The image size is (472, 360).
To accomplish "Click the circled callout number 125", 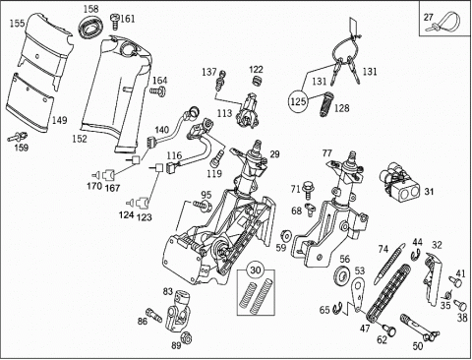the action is [x=298, y=101].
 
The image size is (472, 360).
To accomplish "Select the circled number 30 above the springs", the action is [x=256, y=270].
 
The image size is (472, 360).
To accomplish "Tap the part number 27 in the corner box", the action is [x=429, y=17].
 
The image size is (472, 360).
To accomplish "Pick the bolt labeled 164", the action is [x=157, y=90].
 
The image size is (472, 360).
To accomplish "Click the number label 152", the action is [x=80, y=139].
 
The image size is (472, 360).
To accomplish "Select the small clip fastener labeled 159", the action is [x=18, y=136].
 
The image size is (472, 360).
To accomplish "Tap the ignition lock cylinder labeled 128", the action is [x=325, y=104].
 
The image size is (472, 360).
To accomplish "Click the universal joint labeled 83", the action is [x=179, y=311].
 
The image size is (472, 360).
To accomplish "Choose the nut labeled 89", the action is [x=186, y=337].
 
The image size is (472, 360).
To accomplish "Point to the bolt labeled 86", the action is [x=153, y=314].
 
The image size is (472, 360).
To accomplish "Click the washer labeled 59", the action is [x=287, y=235].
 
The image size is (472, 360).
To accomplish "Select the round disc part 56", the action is [x=342, y=274].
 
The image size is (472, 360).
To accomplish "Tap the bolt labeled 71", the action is [x=308, y=190].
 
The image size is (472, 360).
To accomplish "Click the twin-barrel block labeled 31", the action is [x=400, y=180].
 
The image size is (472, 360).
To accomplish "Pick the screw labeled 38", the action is [x=460, y=305].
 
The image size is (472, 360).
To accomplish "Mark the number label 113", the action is [x=224, y=113].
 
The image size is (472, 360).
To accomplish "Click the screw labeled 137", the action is [x=220, y=81].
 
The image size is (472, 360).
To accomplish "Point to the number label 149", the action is [x=59, y=120].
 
